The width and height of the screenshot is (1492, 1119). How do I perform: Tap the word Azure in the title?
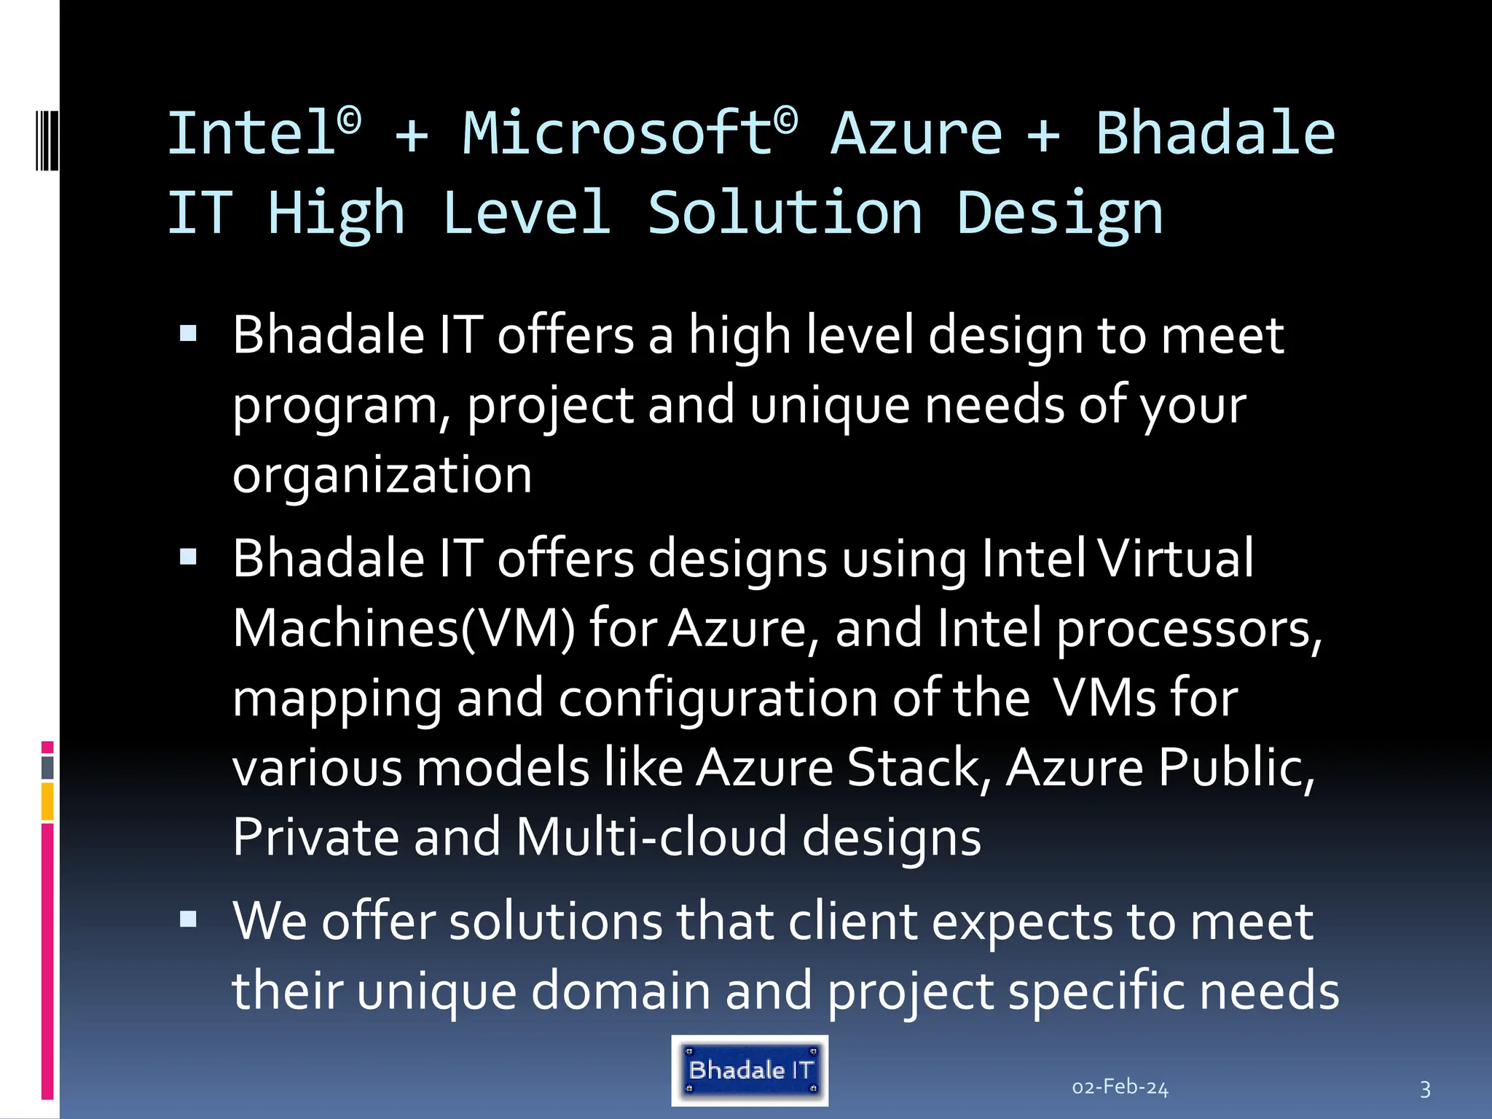tap(916, 134)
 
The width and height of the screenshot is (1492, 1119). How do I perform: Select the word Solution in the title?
tap(785, 213)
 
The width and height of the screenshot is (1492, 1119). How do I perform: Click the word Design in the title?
tap(1059, 214)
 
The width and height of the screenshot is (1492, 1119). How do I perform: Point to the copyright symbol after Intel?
tap(350, 119)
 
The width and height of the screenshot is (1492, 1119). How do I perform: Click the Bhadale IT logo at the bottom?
tap(750, 1070)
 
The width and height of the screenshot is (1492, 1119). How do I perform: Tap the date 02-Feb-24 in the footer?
tap(1120, 1088)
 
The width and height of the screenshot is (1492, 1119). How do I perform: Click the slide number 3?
tap(1425, 1089)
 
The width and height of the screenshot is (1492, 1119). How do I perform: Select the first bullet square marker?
tap(188, 334)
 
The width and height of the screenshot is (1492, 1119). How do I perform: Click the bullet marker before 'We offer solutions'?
tap(188, 920)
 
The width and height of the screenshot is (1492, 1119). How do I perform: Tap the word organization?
tap(382, 475)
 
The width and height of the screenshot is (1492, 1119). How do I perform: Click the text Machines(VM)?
tap(404, 628)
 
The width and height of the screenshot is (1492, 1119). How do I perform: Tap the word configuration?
tap(718, 698)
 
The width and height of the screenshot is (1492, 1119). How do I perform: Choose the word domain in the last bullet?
tap(620, 991)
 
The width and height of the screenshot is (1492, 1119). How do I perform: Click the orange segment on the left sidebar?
tap(47, 801)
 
